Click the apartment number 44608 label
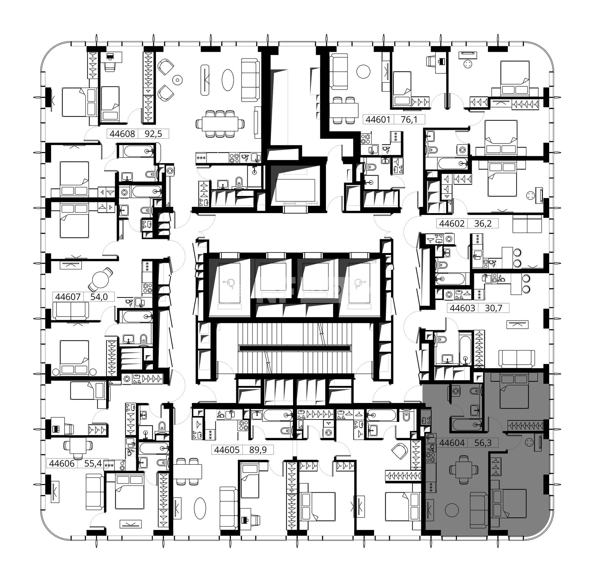(123, 134)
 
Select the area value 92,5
(154, 134)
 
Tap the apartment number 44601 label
(378, 119)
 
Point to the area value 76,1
(409, 119)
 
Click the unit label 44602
(452, 223)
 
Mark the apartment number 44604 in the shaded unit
(452, 443)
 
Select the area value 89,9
(258, 450)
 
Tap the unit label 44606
(62, 464)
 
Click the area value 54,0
(99, 297)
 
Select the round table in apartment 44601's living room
(363, 71)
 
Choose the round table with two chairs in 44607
(100, 278)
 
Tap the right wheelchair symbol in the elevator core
(359, 284)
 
